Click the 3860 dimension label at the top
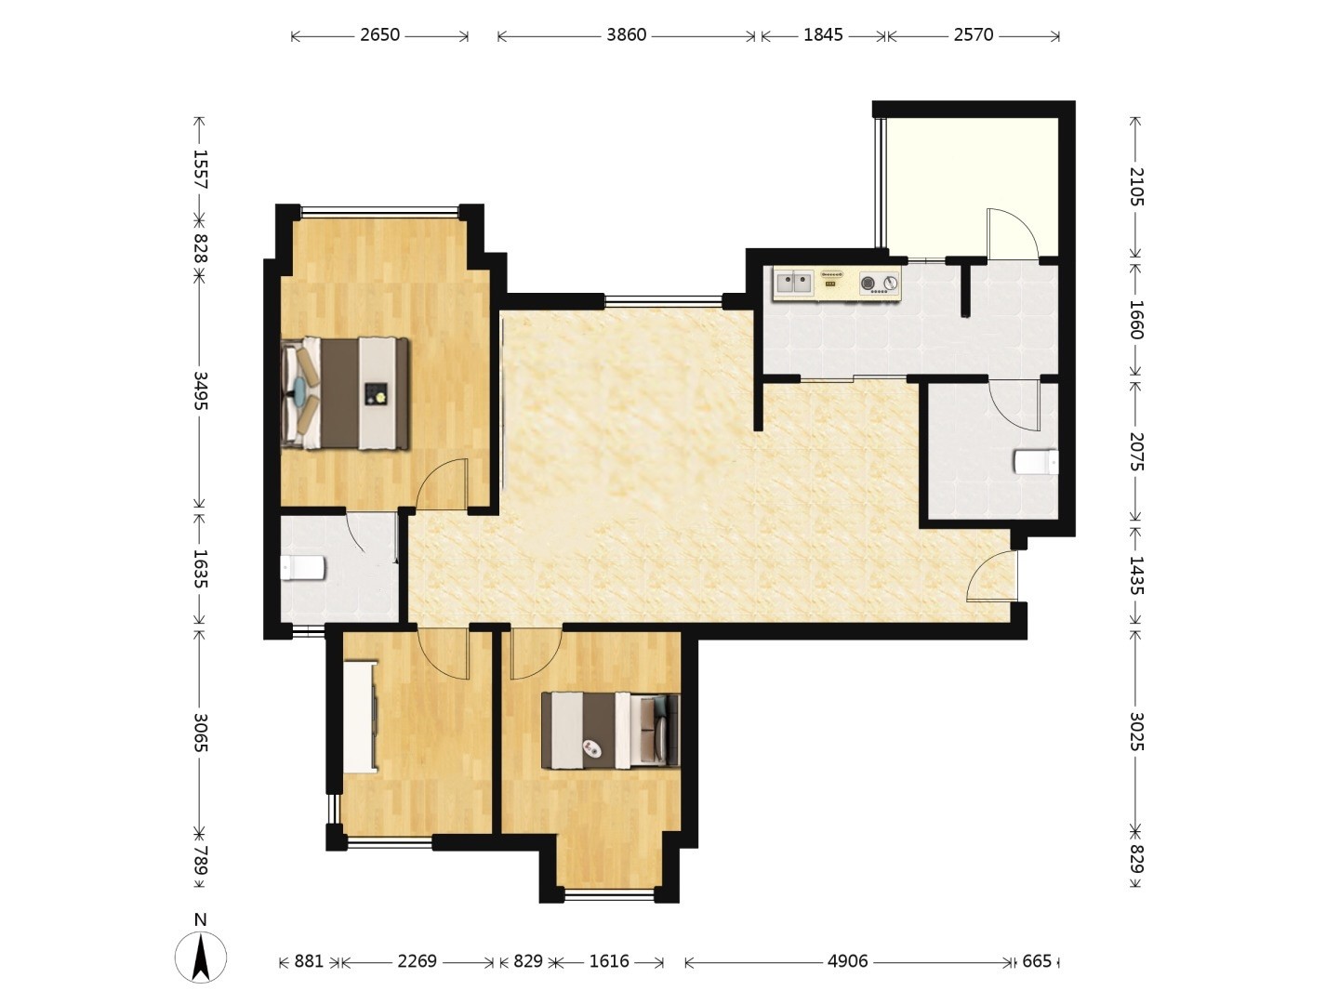click(x=626, y=34)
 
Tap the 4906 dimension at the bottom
click(x=847, y=961)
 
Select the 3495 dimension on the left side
click(x=201, y=390)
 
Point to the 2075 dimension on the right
click(x=1137, y=452)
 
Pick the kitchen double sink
click(x=794, y=283)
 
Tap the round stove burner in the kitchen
click(x=868, y=283)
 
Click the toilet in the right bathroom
click(x=1036, y=461)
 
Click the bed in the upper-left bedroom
click(x=345, y=394)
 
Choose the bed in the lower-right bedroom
click(x=610, y=731)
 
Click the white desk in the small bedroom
click(x=360, y=718)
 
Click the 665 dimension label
click(x=1037, y=961)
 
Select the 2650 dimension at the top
click(x=379, y=34)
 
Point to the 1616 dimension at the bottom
click(x=609, y=961)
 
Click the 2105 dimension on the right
click(x=1137, y=186)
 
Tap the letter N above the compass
click(x=200, y=920)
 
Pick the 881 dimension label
click(x=309, y=961)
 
